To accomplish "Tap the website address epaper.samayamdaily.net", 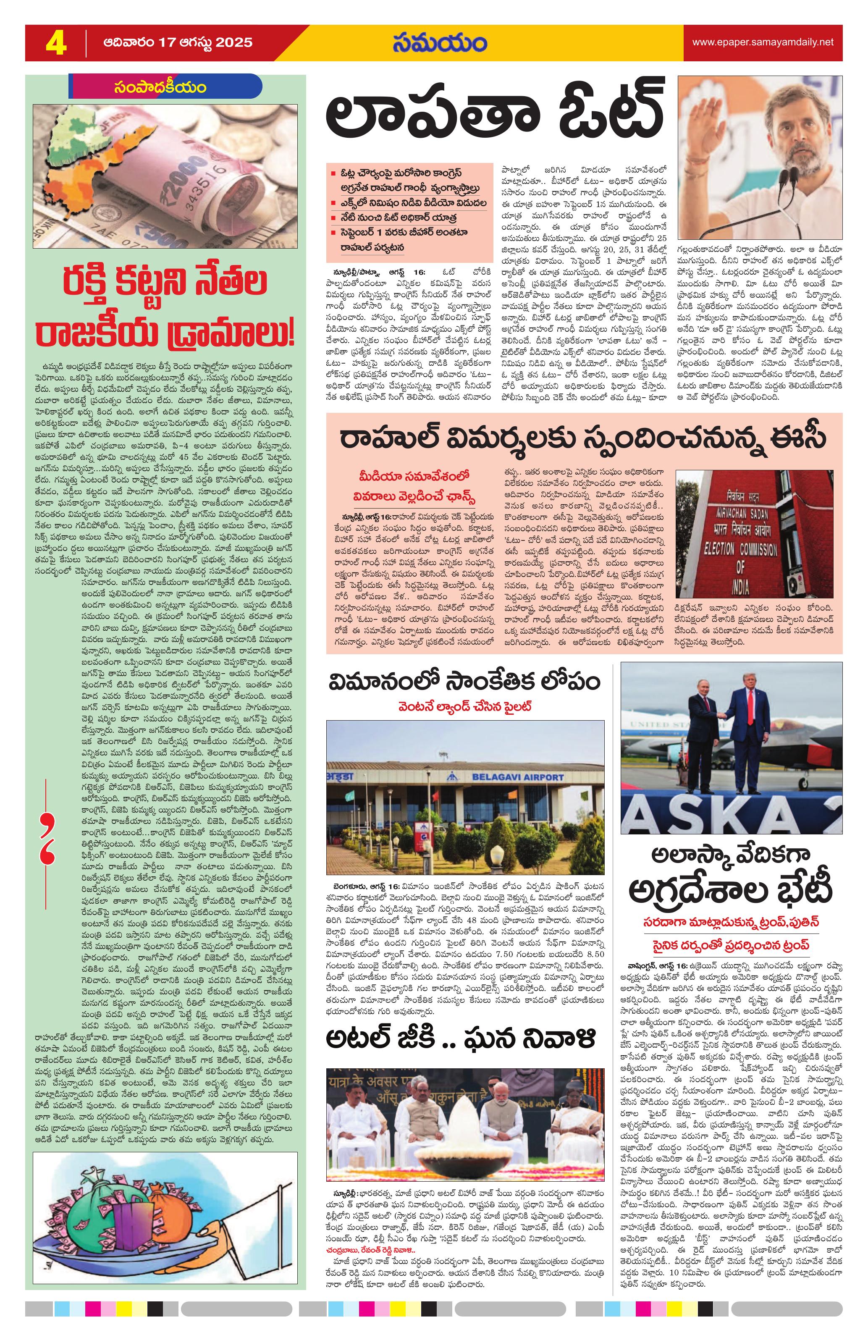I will click(762, 42).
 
